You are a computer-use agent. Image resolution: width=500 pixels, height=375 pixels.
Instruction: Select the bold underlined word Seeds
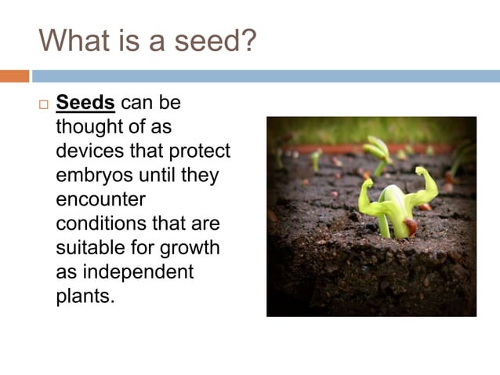coord(85,104)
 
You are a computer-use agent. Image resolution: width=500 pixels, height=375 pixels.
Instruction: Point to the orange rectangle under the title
coord(14,76)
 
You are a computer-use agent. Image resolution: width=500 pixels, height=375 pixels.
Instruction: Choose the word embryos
coord(92,175)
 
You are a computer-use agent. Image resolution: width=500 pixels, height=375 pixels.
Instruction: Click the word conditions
coord(97,224)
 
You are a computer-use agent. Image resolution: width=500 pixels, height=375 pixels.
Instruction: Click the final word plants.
coord(85,297)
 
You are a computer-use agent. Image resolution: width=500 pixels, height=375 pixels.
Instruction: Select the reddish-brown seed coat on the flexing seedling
coord(411,227)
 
